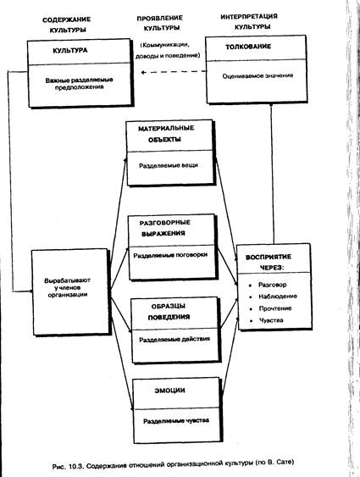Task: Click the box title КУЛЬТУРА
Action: point(70,51)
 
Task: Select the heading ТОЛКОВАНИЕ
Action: point(248,47)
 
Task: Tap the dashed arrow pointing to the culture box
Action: point(174,72)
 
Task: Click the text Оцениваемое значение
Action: point(258,75)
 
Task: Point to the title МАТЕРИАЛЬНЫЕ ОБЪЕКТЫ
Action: point(166,134)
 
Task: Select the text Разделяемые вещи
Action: point(169,166)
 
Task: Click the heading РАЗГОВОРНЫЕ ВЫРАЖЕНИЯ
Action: point(164,228)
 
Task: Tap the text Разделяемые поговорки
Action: point(170,255)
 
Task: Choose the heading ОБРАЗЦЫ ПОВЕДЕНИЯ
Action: point(169,312)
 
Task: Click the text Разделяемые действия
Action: point(174,339)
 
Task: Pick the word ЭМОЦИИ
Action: point(169,391)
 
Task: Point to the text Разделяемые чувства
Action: point(176,421)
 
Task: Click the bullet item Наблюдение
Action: point(278,297)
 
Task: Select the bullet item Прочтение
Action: point(274,308)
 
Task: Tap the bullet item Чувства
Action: point(271,320)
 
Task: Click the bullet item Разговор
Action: point(272,285)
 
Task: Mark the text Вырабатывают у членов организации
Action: point(67,287)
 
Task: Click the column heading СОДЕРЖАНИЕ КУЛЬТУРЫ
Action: point(67,25)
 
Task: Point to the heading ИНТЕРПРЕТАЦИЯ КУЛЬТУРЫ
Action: point(249,21)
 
